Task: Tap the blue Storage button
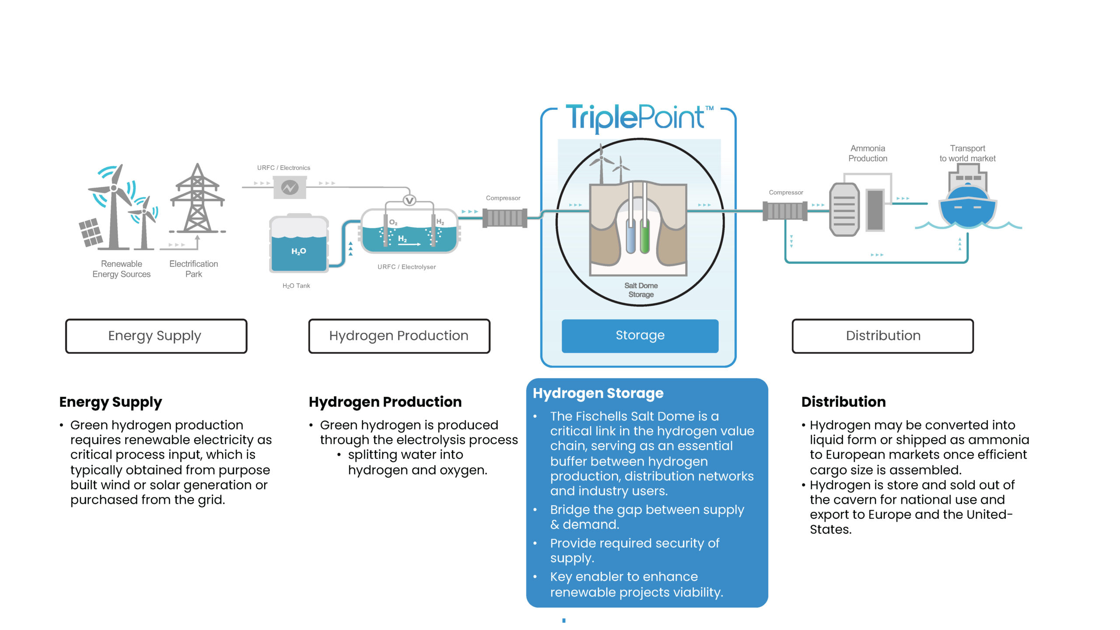tap(640, 336)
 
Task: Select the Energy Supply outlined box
tap(156, 336)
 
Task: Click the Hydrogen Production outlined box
tap(399, 336)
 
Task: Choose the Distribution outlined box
tap(882, 336)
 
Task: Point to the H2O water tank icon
tap(299, 244)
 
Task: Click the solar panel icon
tap(91, 232)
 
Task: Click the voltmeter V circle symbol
tap(409, 200)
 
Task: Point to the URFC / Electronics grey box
tap(290, 187)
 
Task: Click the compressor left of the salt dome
tap(504, 218)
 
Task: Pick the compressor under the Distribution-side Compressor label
tap(785, 211)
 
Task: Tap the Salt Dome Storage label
tap(641, 290)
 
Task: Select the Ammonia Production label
tap(868, 153)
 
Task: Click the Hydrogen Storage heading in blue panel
tap(598, 393)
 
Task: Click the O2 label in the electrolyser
tap(393, 222)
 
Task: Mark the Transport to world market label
tap(967, 153)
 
